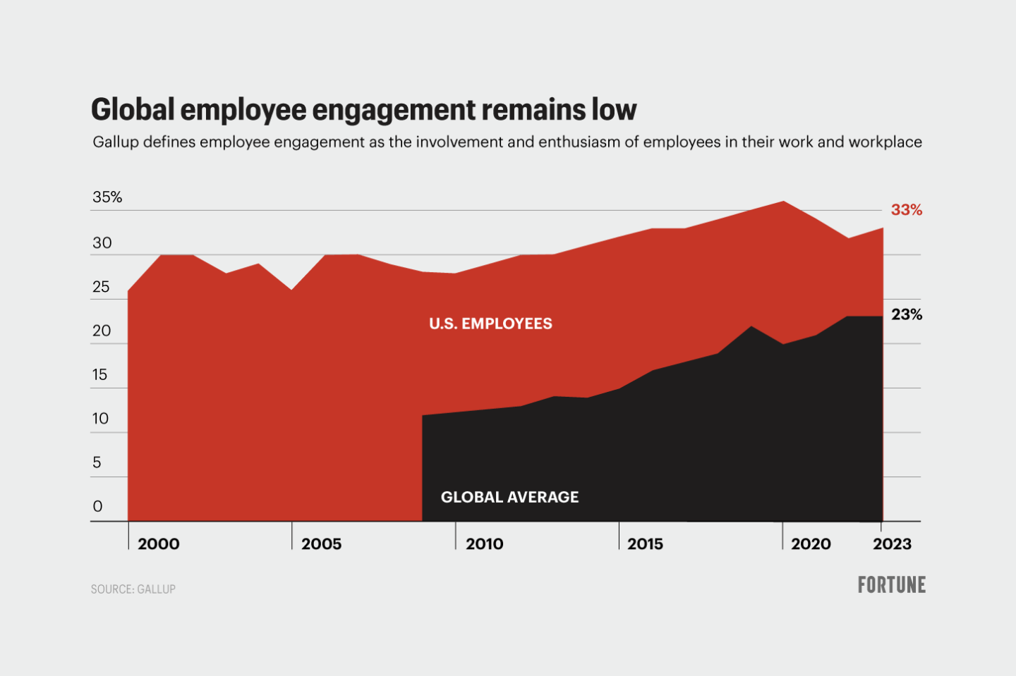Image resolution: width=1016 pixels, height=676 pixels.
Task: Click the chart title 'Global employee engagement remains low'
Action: point(363,110)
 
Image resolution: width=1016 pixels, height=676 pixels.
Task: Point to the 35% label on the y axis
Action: point(107,197)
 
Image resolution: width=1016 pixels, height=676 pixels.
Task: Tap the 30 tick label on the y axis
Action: point(102,243)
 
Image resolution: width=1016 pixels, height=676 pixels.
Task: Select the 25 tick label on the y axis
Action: point(102,287)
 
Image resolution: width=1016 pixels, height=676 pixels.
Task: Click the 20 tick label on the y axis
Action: point(102,331)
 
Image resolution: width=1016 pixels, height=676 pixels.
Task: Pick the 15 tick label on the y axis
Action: point(100,375)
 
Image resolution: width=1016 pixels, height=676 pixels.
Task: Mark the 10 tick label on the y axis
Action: point(100,419)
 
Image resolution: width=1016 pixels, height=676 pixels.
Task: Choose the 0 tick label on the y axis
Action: point(97,506)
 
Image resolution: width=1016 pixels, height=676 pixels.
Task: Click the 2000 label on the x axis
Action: point(159,544)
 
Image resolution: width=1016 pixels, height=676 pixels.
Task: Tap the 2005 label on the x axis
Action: point(322,544)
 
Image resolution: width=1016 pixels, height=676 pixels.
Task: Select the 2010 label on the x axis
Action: point(485,544)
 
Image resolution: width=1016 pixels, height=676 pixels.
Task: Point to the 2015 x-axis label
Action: point(646,544)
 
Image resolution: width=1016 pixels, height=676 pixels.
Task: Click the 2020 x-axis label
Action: point(811,544)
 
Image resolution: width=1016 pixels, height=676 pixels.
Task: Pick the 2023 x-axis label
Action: point(892,544)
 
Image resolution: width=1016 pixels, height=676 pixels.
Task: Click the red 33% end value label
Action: point(907,210)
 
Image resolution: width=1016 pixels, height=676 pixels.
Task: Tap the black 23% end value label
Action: point(907,315)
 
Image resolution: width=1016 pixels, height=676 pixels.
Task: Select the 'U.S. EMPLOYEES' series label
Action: point(491,324)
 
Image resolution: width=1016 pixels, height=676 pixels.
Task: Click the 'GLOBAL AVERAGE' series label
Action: point(509,498)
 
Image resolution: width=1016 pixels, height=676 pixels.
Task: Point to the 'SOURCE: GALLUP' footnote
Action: point(133,589)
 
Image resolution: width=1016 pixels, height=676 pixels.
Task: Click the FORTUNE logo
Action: point(892,585)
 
